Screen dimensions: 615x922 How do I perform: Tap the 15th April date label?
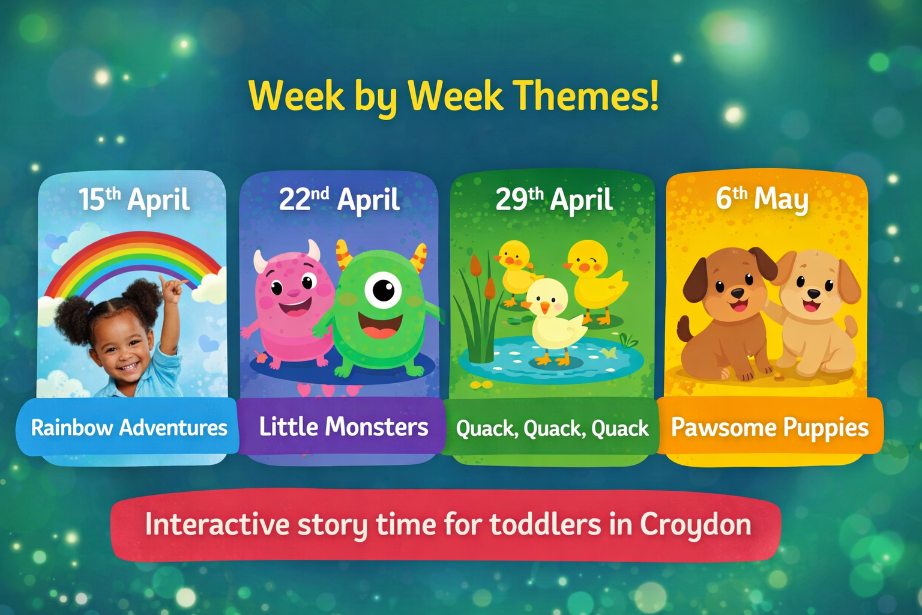pos(134,200)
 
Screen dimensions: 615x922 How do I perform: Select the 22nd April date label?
pos(339,200)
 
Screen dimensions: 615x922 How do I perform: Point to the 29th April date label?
pos(553,200)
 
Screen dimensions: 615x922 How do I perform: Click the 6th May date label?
pos(762,199)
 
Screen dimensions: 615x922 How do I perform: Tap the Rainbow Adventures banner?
pos(128,428)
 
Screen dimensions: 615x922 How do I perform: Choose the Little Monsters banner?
pos(343,427)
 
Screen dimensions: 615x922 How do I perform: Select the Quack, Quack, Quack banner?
pos(552,428)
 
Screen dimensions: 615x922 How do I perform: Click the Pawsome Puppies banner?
pos(770,428)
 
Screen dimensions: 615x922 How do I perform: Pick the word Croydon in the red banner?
pos(695,524)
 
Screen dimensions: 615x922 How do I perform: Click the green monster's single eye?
pos(383,291)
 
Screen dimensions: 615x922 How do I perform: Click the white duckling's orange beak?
pos(544,308)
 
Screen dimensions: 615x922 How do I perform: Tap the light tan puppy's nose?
pos(813,294)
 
